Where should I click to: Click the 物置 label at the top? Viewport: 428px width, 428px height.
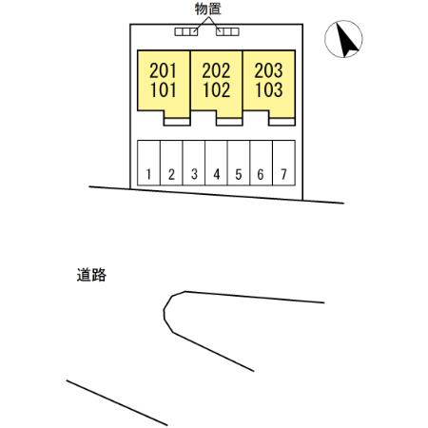[207, 9]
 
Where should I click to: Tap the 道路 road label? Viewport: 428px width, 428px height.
[91, 275]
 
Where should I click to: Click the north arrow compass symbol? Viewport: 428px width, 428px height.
[343, 39]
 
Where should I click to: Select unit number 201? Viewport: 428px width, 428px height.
[163, 70]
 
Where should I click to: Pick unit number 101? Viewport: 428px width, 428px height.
[163, 89]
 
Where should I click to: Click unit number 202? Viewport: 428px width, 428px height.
[216, 70]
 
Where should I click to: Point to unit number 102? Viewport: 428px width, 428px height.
[217, 89]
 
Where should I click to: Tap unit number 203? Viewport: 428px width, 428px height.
[268, 70]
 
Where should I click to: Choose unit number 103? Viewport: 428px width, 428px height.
[269, 89]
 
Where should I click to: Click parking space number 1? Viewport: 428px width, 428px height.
[148, 174]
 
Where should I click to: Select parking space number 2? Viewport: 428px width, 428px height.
[171, 174]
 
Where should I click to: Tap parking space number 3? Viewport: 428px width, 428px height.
[194, 174]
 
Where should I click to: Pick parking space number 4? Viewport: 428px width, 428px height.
[217, 174]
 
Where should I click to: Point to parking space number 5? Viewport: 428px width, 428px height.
[239, 174]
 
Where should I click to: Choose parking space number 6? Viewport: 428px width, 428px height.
[261, 174]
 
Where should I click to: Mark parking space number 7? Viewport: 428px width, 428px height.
[283, 174]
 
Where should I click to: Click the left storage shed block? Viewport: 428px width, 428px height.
[186, 31]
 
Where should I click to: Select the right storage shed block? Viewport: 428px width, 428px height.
[227, 31]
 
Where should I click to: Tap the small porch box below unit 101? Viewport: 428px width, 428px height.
[177, 122]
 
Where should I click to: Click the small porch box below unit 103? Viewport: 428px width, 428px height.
[282, 122]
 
